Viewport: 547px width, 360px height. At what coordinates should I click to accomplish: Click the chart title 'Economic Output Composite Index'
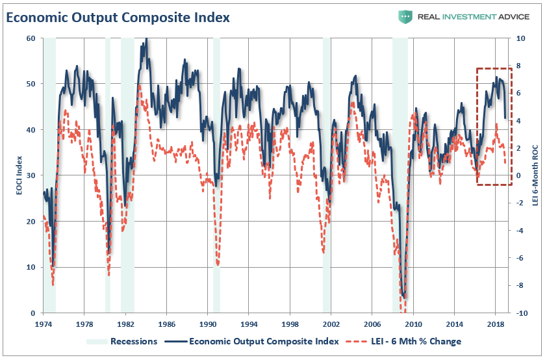(118, 17)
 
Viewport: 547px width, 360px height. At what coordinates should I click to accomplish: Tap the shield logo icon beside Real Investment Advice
(406, 16)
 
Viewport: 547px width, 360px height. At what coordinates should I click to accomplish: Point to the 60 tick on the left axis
(30, 38)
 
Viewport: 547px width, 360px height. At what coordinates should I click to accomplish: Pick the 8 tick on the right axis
(520, 66)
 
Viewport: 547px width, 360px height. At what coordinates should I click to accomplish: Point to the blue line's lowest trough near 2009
(405, 298)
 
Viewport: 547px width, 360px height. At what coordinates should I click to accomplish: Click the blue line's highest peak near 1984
(146, 39)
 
